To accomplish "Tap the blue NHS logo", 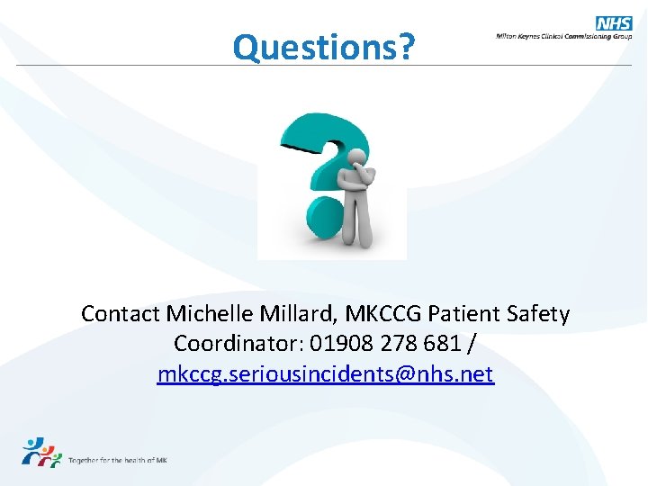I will tap(614, 23).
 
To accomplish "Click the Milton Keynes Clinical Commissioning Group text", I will tap(563, 37).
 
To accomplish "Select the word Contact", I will tap(121, 314).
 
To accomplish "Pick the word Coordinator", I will tap(237, 344).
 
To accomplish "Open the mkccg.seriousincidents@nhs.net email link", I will tap(325, 373).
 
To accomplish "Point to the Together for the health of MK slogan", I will tap(118, 460).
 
